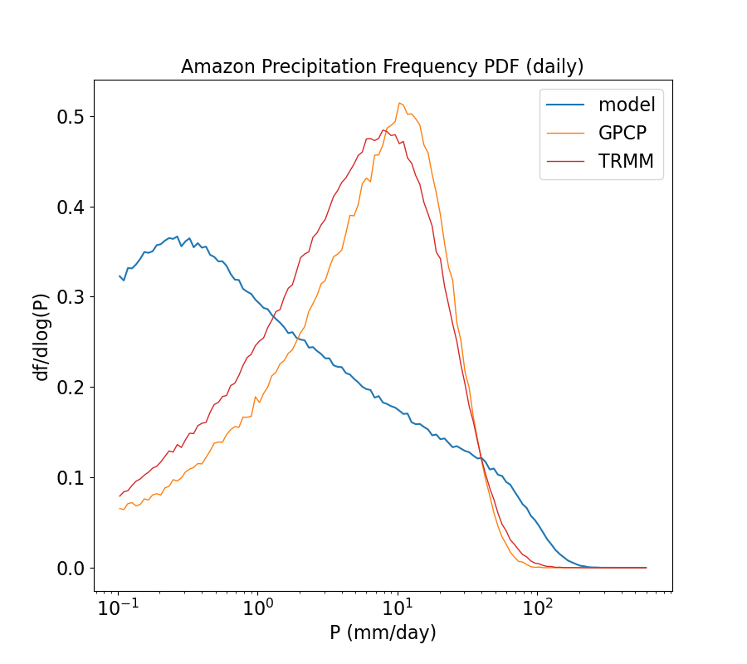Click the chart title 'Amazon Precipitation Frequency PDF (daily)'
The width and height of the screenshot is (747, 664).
click(x=383, y=66)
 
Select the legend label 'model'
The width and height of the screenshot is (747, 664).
click(x=627, y=105)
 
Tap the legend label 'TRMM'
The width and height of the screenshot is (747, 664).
click(x=626, y=162)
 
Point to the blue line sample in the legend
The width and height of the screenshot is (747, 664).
click(x=565, y=105)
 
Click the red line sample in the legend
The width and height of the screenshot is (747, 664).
click(x=565, y=162)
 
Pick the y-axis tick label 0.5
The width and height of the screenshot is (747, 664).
click(x=70, y=116)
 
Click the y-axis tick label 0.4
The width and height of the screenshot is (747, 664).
click(x=70, y=207)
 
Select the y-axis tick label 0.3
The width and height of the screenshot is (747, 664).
click(x=70, y=297)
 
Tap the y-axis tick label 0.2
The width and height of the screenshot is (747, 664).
click(x=70, y=388)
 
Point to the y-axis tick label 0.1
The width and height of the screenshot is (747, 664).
click(x=70, y=478)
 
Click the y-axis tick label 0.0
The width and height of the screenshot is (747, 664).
click(x=70, y=569)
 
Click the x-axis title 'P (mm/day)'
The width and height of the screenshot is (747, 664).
click(x=383, y=633)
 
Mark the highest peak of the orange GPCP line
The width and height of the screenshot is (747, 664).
click(x=399, y=103)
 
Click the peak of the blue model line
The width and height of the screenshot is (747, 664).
click(x=177, y=237)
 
